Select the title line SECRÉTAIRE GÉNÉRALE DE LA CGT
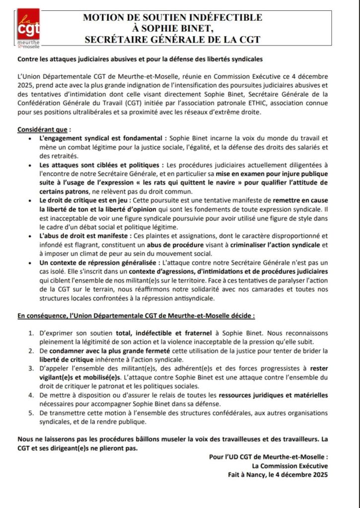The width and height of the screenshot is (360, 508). click(x=173, y=39)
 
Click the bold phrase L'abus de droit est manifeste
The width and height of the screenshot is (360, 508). click(x=84, y=235)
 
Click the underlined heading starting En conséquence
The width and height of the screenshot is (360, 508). click(x=136, y=315)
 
